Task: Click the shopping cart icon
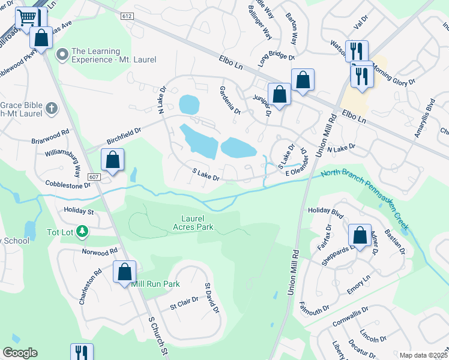point(26,18)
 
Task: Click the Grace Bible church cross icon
point(52,109)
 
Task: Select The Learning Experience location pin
point(61,55)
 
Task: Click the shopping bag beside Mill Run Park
point(124,272)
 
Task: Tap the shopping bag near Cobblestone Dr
point(112,160)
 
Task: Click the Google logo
point(20,353)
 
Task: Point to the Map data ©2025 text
point(423,355)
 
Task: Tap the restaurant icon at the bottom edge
point(81,352)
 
